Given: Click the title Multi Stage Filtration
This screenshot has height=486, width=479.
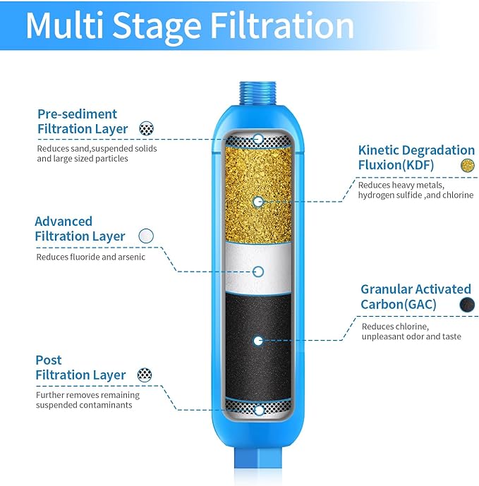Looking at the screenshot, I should [x=189, y=25].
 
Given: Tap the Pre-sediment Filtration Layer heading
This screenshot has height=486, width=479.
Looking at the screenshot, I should [x=82, y=121].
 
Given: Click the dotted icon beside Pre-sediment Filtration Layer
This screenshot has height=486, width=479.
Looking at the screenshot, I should [x=146, y=129].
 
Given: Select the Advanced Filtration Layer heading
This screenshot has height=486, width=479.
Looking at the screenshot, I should [x=80, y=229].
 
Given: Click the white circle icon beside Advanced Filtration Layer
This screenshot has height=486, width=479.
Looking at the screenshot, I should [x=146, y=236].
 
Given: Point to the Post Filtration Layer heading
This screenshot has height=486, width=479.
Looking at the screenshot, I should [x=80, y=367].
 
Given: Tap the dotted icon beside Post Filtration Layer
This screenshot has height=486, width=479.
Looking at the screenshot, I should [x=145, y=375].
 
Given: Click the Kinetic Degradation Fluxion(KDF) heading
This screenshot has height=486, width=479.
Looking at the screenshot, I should [x=416, y=157].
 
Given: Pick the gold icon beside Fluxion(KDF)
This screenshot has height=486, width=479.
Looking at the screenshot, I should [x=466, y=166].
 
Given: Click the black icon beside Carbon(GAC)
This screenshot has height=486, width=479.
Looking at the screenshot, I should [x=466, y=305].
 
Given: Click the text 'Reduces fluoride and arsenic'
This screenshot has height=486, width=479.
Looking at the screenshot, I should [x=91, y=257].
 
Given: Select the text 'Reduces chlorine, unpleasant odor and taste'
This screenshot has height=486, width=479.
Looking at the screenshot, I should [x=411, y=332].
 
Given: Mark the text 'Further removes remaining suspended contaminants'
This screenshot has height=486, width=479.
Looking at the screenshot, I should [x=88, y=400].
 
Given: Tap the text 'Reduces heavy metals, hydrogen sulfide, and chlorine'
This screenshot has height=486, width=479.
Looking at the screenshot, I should [x=416, y=190].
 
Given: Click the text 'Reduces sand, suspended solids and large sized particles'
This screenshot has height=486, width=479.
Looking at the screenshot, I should [x=97, y=154].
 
